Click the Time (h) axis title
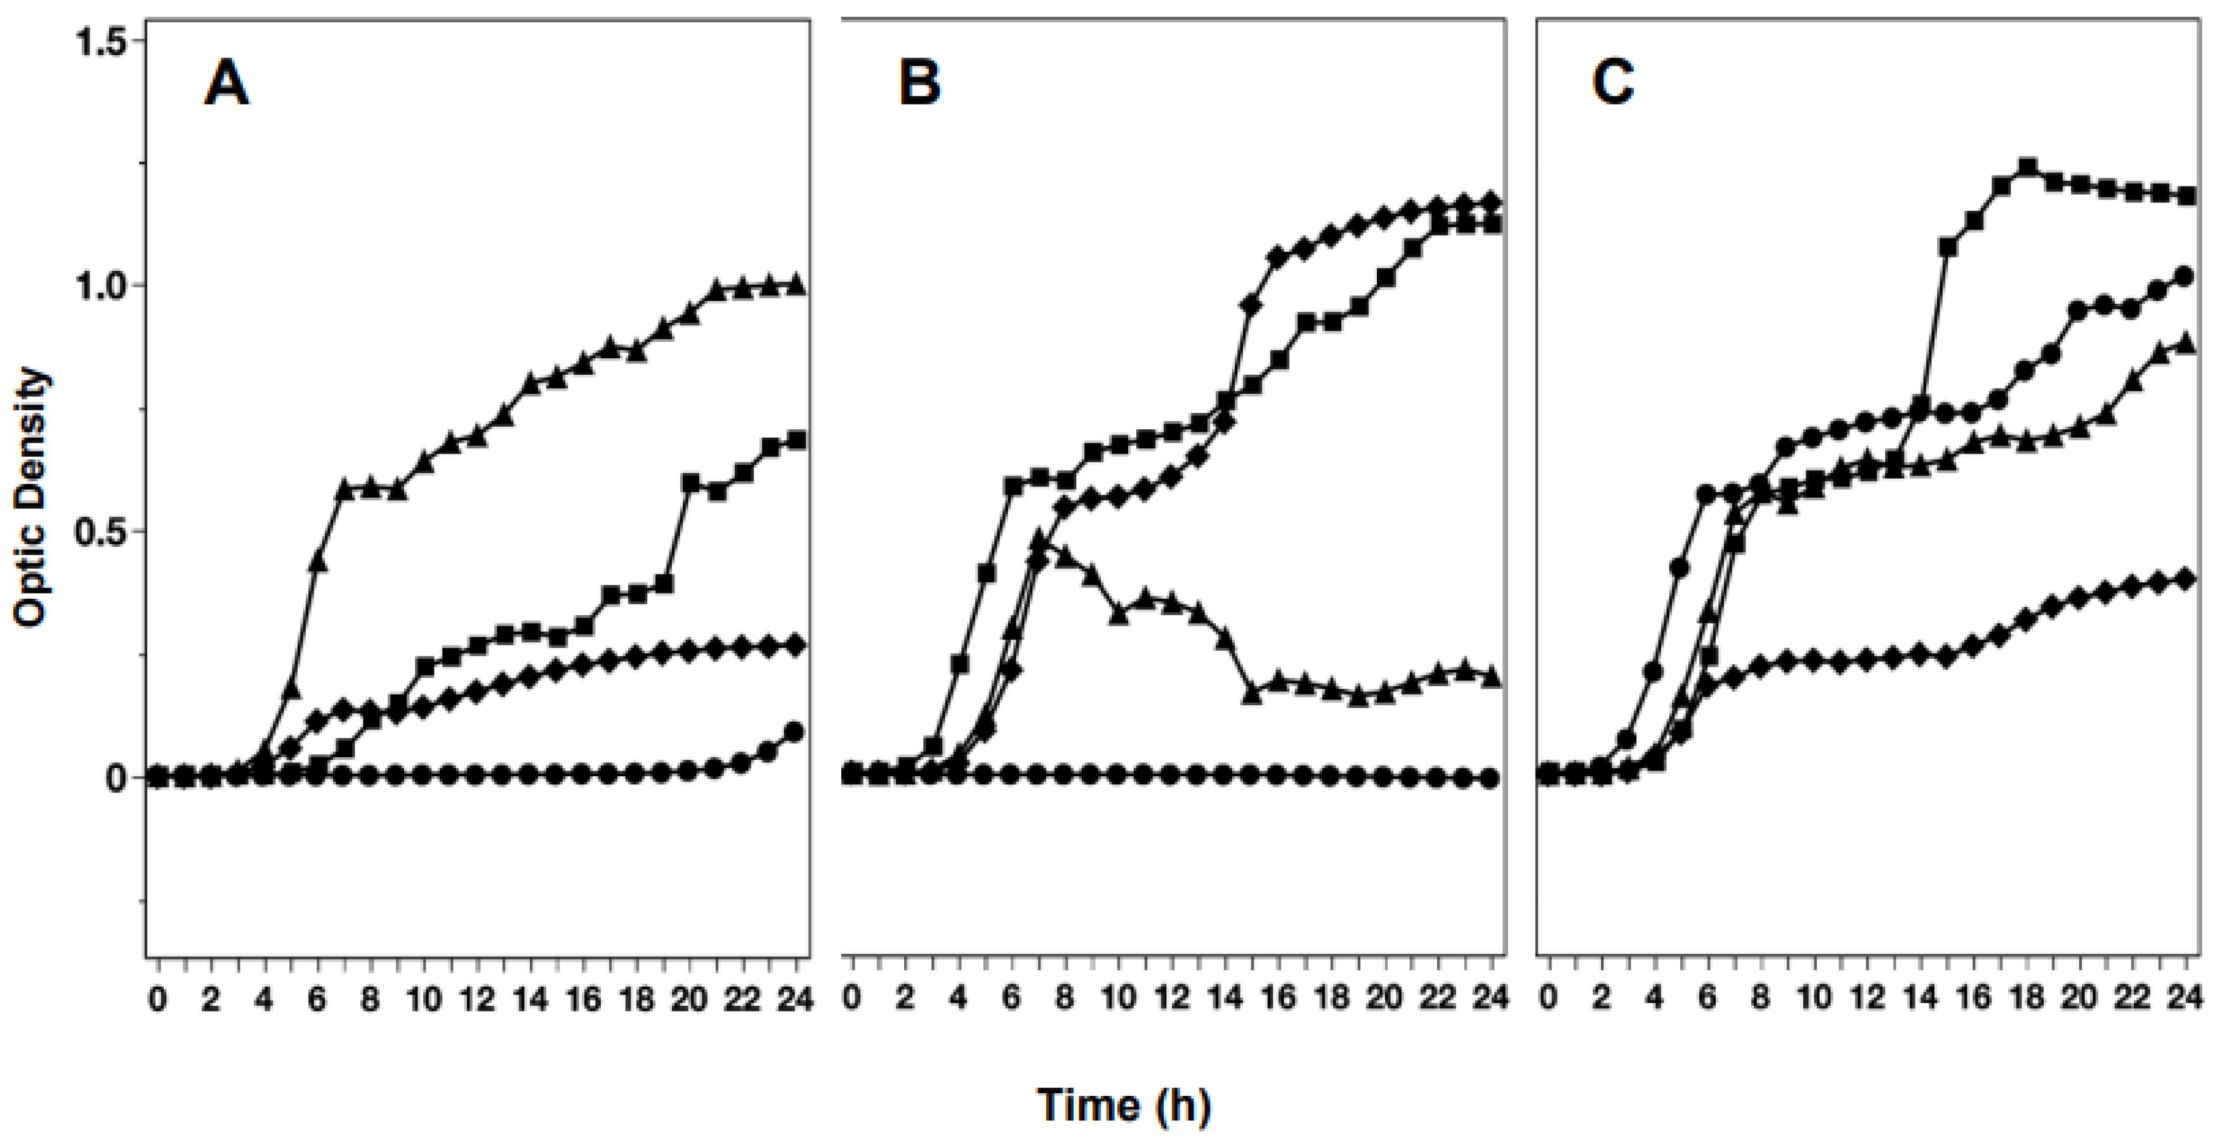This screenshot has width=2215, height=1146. pyautogui.click(x=1124, y=1105)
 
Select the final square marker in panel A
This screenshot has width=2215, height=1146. pyautogui.click(x=796, y=440)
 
